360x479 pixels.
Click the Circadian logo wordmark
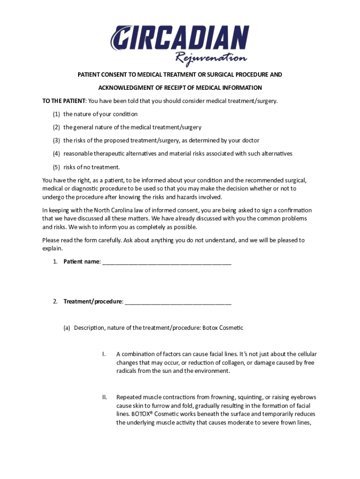(x=180, y=38)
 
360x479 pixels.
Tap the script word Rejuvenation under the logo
(x=210, y=59)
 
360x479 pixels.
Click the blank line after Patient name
(x=166, y=262)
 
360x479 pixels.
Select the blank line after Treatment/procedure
(x=178, y=302)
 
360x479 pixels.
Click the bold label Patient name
(x=81, y=261)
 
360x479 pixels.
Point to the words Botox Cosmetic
(x=223, y=328)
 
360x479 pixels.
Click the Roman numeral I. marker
(x=104, y=354)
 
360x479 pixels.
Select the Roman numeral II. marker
(x=105, y=398)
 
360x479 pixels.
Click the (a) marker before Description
(x=67, y=328)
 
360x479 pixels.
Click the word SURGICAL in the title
(x=212, y=75)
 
